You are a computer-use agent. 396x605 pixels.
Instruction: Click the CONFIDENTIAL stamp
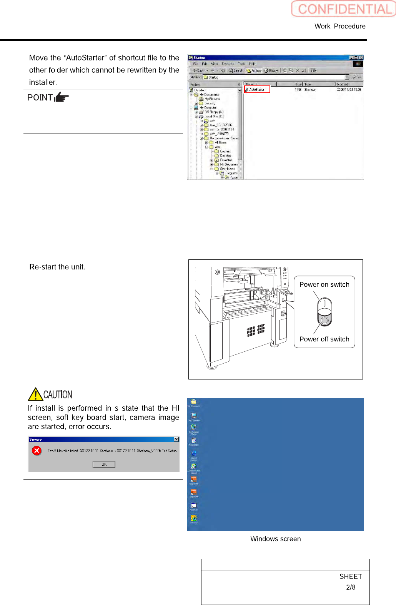coord(344,9)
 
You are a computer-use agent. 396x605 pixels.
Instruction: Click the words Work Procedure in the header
coord(340,26)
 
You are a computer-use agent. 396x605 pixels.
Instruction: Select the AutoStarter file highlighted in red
coord(257,89)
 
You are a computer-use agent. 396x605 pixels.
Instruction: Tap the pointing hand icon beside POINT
coord(62,97)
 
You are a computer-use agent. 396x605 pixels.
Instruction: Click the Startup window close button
coord(361,58)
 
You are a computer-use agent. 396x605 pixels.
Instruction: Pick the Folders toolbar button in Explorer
coord(254,70)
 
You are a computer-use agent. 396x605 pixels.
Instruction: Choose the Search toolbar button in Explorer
coord(236,70)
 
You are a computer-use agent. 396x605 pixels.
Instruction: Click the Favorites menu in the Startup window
coord(228,64)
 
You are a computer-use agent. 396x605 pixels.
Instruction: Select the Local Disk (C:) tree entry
coord(214,116)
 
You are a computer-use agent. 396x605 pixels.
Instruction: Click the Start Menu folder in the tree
coord(227,169)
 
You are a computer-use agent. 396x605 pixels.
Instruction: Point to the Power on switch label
coord(324,284)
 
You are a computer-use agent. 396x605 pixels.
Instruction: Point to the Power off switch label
coord(324,339)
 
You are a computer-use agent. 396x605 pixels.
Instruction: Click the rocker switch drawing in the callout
coord(324,312)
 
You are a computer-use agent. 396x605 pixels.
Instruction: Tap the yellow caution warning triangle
coord(35,394)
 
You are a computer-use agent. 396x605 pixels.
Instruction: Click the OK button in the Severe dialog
coord(104,465)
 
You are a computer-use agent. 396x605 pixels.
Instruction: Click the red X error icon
coord(37,451)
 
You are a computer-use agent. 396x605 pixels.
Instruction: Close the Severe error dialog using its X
coord(176,440)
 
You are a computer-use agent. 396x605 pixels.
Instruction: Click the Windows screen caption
coord(275,539)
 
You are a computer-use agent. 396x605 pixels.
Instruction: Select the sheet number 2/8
coord(351,587)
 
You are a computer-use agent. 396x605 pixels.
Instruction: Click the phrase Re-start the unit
coord(57,267)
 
